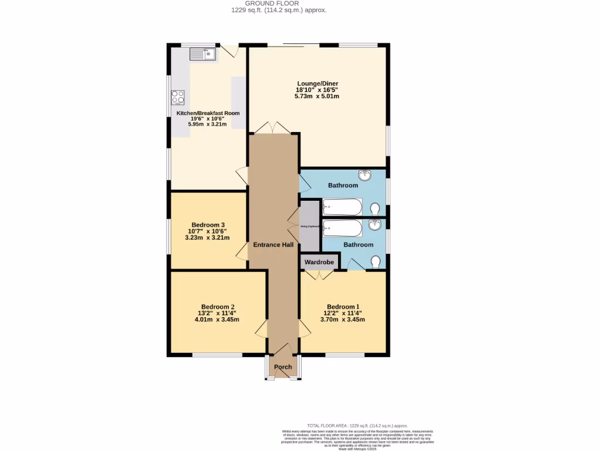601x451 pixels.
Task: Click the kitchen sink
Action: (202, 54)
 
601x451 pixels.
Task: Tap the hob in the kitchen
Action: (178, 97)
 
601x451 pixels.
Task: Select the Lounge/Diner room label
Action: (317, 83)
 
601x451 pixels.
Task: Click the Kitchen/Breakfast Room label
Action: (208, 113)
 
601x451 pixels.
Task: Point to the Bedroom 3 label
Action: (208, 225)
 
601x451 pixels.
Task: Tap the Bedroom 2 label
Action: (218, 307)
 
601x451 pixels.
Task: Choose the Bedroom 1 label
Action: (343, 307)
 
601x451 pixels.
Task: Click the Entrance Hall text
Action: (273, 244)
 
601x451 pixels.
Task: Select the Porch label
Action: (283, 367)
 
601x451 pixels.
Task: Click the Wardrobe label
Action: (319, 262)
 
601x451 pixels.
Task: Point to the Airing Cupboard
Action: (309, 225)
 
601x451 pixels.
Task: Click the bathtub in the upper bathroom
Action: (343, 207)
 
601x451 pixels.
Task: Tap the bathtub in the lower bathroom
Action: (342, 228)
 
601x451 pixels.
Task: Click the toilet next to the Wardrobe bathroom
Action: (376, 261)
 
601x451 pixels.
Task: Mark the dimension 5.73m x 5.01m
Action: (317, 96)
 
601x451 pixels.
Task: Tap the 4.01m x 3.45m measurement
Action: (218, 319)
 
